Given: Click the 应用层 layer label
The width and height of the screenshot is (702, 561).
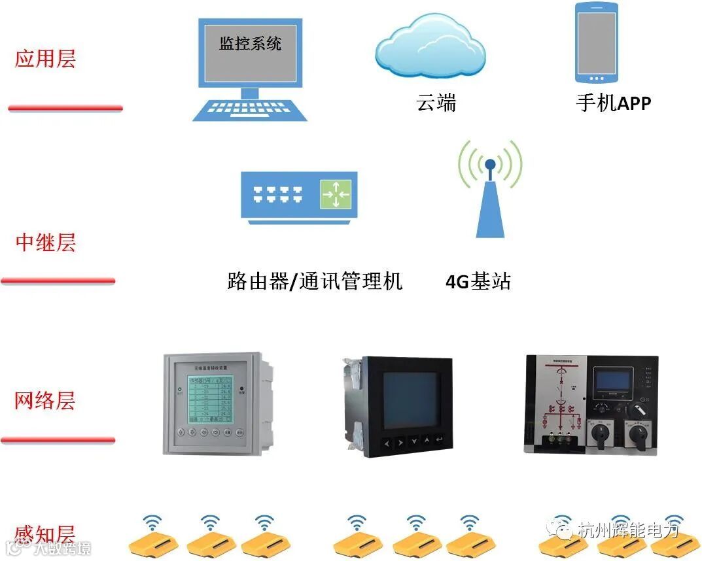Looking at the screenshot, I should pyautogui.click(x=45, y=59).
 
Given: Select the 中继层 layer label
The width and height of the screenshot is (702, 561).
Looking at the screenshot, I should pyautogui.click(x=45, y=243).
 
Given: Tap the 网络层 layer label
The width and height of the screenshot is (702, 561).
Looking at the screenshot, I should pyautogui.click(x=45, y=400).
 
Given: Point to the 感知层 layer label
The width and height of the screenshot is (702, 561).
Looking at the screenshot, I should pyautogui.click(x=45, y=534).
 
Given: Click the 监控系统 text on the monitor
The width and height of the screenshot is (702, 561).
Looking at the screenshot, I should pyautogui.click(x=250, y=44).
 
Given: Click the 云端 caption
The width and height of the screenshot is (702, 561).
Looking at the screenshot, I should pyautogui.click(x=436, y=103).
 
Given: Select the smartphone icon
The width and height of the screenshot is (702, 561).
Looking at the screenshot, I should pyautogui.click(x=596, y=43).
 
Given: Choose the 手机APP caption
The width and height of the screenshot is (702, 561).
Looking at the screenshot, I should pyautogui.click(x=614, y=103).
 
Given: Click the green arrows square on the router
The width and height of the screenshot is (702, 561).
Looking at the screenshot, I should pyautogui.click(x=336, y=194).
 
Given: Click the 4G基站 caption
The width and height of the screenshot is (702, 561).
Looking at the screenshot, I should pyautogui.click(x=478, y=282).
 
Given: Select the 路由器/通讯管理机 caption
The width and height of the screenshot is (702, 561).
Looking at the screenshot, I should pyautogui.click(x=315, y=282).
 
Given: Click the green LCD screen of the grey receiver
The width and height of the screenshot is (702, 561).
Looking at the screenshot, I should pyautogui.click(x=210, y=399).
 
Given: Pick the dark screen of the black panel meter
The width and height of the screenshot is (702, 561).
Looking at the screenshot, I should pyautogui.click(x=411, y=399).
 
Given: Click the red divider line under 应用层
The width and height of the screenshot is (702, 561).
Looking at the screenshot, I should pyautogui.click(x=65, y=108).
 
